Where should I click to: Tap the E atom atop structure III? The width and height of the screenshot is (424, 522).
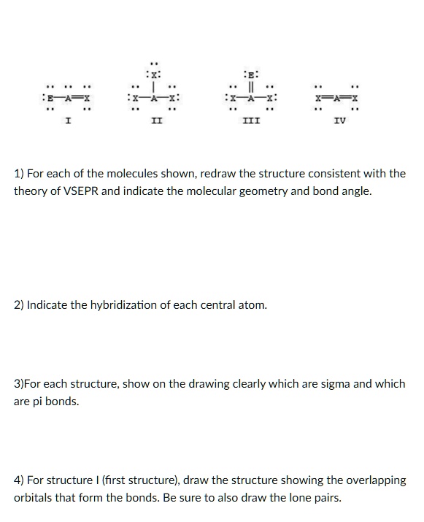pyautogui.click(x=251, y=73)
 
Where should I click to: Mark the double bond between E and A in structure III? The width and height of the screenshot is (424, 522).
pyautogui.click(x=251, y=85)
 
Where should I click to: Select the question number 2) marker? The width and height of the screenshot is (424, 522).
pyautogui.click(x=19, y=304)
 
